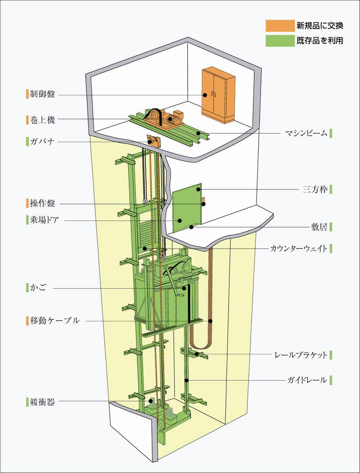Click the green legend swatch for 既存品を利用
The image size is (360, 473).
278,41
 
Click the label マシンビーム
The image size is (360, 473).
305,133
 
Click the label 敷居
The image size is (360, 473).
319,227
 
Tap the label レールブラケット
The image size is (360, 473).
300,354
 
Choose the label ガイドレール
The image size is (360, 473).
306,380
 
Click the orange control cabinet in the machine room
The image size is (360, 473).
218,95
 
